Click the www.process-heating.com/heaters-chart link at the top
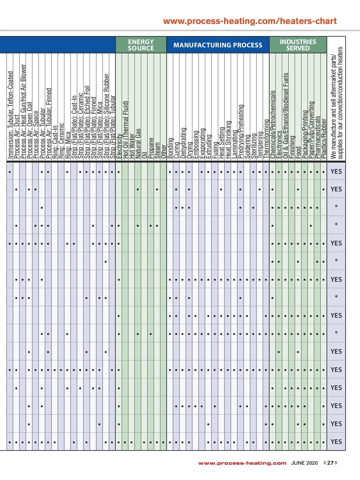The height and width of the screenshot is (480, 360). [x=250, y=21]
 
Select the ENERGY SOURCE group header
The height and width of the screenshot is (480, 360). [x=141, y=45]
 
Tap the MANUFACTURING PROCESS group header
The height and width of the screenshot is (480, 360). [x=218, y=45]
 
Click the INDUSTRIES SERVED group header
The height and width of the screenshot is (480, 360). [x=298, y=45]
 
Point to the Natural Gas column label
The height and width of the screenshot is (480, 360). [x=138, y=143]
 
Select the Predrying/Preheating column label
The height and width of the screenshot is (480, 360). [x=241, y=131]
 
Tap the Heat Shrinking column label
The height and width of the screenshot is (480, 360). [x=228, y=139]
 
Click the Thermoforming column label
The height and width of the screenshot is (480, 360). [x=266, y=139]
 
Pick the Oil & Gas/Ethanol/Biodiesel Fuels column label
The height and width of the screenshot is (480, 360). [x=286, y=115]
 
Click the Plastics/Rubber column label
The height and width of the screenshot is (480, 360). [x=324, y=139]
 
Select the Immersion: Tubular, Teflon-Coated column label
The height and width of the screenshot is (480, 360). [x=10, y=115]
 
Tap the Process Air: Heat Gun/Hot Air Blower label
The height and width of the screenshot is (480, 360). [x=23, y=111]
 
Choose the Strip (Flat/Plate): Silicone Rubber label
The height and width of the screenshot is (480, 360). [x=106, y=116]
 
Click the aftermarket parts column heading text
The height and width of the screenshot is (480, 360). [x=336, y=103]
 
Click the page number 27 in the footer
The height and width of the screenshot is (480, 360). [x=330, y=463]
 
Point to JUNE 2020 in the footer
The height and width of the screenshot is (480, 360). [x=304, y=463]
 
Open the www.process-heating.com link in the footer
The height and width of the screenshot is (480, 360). [x=242, y=463]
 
